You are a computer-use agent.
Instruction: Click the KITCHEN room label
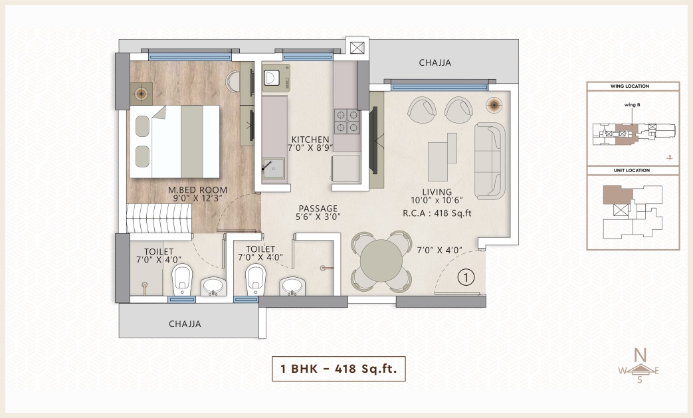(x=310, y=139)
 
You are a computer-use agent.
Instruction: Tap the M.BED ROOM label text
(x=197, y=190)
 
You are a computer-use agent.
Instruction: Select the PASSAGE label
(x=318, y=208)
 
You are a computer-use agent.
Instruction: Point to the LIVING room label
(x=437, y=192)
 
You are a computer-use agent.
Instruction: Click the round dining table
(x=381, y=261)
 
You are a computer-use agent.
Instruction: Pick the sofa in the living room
(x=490, y=161)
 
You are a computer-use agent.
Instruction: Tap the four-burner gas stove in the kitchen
(x=347, y=122)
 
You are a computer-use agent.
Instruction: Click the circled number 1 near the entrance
(x=466, y=278)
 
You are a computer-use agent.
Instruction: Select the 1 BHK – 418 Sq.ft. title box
(x=339, y=369)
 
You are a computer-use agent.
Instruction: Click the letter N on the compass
(x=640, y=355)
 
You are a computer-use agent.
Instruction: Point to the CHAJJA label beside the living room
(x=435, y=62)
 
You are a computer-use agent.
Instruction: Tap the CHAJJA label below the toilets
(x=185, y=324)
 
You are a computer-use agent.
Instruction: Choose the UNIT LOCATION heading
(x=632, y=170)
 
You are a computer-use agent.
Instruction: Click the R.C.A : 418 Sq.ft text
(x=437, y=213)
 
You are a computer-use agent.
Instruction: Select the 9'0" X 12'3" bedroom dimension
(x=197, y=199)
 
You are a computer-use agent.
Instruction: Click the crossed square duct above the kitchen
(x=357, y=47)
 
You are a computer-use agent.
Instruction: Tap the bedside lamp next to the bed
(x=141, y=93)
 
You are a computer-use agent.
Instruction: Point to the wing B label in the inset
(x=632, y=105)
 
